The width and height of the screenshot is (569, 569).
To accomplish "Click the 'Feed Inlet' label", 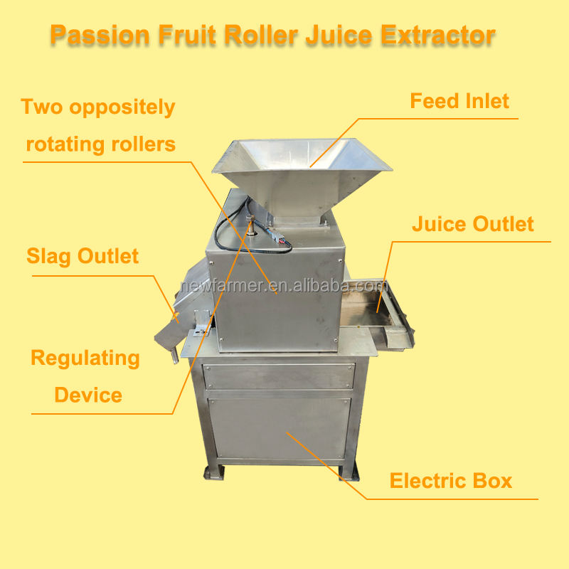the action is pyautogui.click(x=459, y=101).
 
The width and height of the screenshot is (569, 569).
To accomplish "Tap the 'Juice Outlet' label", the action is pyautogui.click(x=472, y=225).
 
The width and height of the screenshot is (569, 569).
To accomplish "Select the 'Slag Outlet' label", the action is pyautogui.click(x=83, y=256).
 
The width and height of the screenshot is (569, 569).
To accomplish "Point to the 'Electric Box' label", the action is pyautogui.click(x=450, y=481).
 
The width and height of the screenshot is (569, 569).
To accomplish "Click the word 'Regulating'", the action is pyautogui.click(x=85, y=358).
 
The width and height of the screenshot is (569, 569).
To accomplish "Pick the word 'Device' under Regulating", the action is pyautogui.click(x=88, y=395).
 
